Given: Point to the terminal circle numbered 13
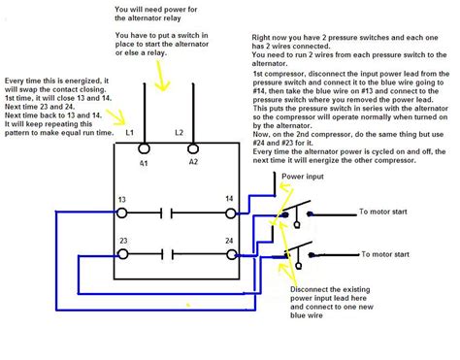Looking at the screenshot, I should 122,210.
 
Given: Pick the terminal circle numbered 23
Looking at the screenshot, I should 122,254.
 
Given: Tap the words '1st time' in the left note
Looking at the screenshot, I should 21,98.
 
